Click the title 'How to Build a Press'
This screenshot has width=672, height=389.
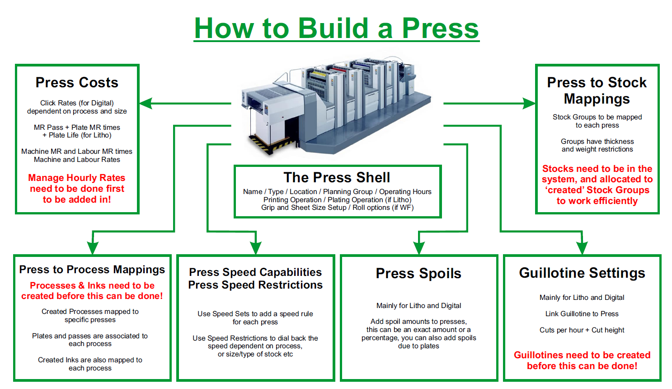click(x=336, y=28)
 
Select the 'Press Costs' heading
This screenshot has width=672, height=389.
click(x=77, y=82)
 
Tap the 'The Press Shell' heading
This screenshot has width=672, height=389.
click(x=337, y=177)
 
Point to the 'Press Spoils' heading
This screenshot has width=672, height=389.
click(x=418, y=273)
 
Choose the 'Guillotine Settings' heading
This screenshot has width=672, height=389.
click(x=582, y=273)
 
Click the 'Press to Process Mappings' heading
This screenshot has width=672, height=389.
click(x=92, y=270)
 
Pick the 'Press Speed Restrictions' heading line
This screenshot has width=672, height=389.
click(x=255, y=285)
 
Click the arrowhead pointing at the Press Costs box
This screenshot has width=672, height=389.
click(x=146, y=104)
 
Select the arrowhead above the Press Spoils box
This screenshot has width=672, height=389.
click(x=419, y=247)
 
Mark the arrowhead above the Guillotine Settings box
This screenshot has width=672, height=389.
click(x=582, y=247)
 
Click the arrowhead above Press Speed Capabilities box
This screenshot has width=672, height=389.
click(x=256, y=247)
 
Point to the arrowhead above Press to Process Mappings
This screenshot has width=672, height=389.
click(x=93, y=247)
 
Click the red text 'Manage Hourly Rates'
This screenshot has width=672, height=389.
click(x=77, y=178)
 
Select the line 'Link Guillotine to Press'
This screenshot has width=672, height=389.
click(x=582, y=314)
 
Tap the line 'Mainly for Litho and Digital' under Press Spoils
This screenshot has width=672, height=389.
click(x=419, y=306)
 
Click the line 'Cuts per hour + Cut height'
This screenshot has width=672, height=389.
click(x=582, y=330)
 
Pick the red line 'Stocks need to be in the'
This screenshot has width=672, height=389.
click(x=597, y=169)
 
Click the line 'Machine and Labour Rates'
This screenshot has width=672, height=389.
click(x=77, y=160)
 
